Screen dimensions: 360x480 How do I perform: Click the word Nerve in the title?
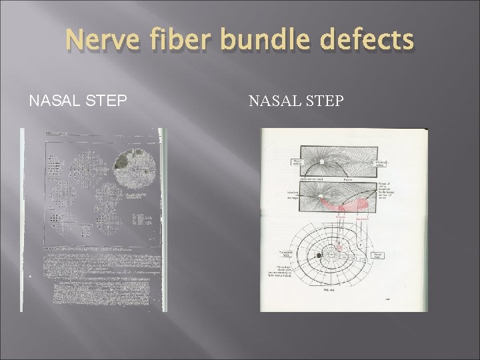[x=101, y=41]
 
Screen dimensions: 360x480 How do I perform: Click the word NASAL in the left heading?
[x=53, y=101]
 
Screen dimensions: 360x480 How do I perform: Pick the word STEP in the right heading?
[x=324, y=101]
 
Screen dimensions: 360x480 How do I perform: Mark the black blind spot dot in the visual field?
[x=319, y=255]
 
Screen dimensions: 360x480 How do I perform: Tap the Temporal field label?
[x=284, y=253]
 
